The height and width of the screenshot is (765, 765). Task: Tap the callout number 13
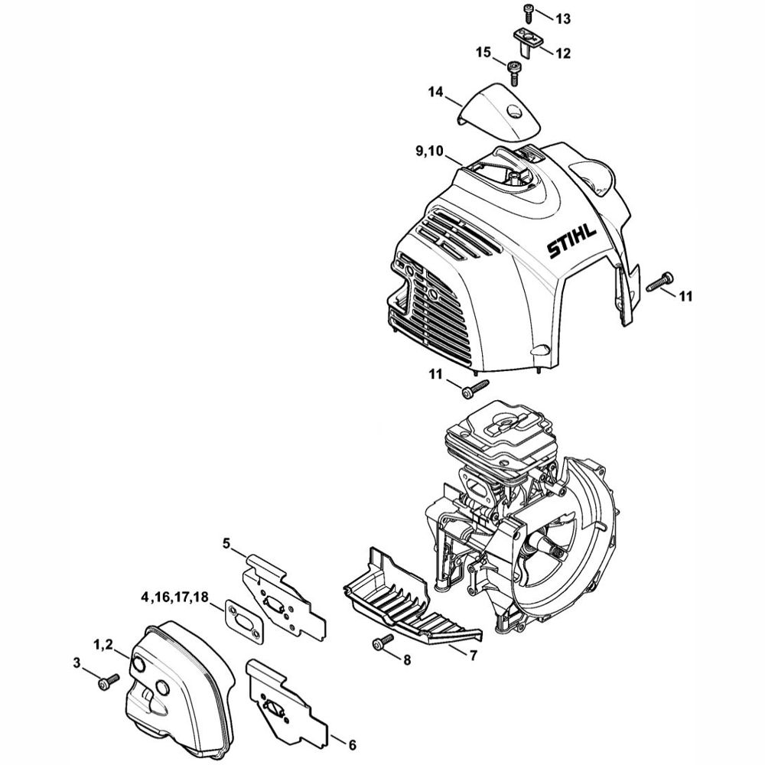(563, 18)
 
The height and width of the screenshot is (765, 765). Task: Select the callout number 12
(562, 54)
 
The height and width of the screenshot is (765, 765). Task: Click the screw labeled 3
(109, 680)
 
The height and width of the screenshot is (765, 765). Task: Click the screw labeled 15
(513, 72)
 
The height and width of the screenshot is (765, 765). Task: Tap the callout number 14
(435, 93)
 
